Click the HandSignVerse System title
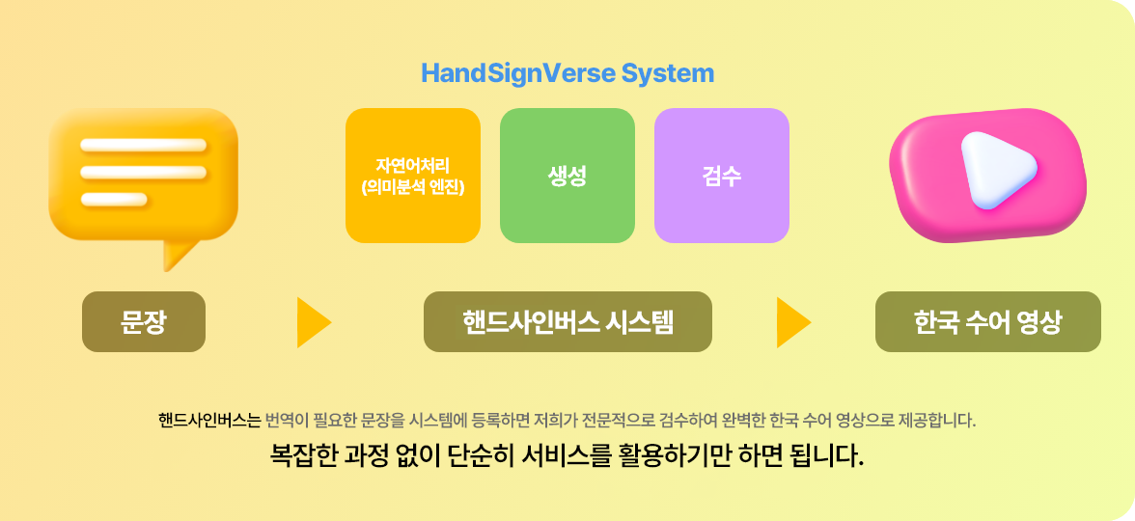tap(567, 73)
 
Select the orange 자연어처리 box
tap(413, 176)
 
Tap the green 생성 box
tap(567, 176)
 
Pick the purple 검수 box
tap(722, 176)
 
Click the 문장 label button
tap(144, 321)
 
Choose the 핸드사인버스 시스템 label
tap(567, 321)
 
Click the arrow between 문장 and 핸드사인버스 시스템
tap(313, 322)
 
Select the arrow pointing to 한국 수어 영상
tap(792, 322)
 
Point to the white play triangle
tap(994, 169)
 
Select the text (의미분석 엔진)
tap(413, 187)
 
